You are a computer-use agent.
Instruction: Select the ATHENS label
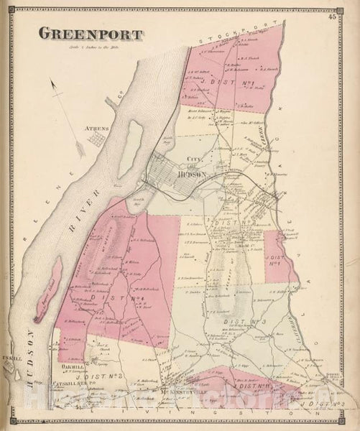pyautogui.click(x=98, y=129)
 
